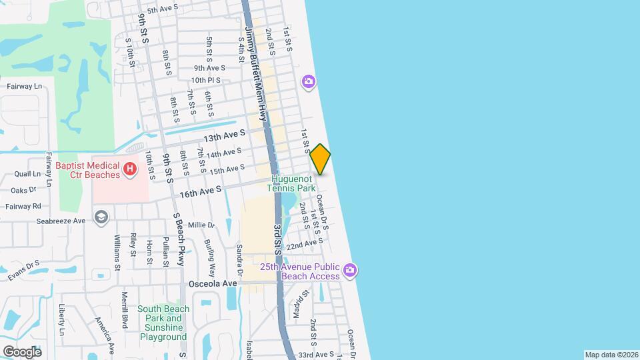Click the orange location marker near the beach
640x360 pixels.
(x=321, y=159)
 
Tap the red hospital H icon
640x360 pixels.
(x=130, y=170)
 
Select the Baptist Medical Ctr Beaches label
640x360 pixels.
(x=88, y=170)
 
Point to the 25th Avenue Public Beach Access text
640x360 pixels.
(x=300, y=271)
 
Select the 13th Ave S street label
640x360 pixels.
(x=225, y=136)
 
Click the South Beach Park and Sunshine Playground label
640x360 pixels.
(x=163, y=323)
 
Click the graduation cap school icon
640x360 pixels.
(x=100, y=217)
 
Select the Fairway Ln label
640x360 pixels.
(x=24, y=87)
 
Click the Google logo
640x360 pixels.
(x=22, y=351)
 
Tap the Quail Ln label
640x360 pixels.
(x=27, y=173)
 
